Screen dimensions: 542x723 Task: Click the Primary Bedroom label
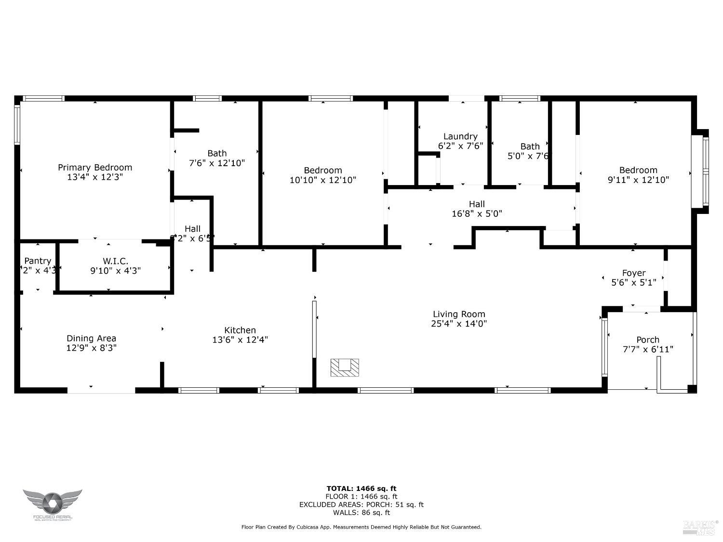coord(95,168)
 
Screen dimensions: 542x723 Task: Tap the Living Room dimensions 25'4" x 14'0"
coord(459,324)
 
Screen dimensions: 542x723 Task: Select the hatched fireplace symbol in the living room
coord(345,367)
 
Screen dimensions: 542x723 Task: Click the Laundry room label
coord(460,136)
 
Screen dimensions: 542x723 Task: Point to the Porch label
coord(648,340)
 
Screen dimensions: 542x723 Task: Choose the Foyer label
coord(633,273)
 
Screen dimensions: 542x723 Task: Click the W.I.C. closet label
coord(115,261)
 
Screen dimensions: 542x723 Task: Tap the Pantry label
coord(38,261)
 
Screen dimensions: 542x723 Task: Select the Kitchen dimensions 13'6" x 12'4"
coord(240,340)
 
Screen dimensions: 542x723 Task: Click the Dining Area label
coord(91,338)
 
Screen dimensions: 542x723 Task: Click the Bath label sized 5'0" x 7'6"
coord(530,146)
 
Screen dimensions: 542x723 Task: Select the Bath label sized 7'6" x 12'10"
coord(217,153)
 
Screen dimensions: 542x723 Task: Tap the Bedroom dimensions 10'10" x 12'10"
coord(323,180)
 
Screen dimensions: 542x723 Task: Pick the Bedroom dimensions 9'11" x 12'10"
coord(638,180)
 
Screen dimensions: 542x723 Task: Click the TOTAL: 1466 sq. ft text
coord(361,489)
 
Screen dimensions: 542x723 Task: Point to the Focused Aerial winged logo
coord(53,502)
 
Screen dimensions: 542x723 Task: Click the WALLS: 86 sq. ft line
coord(361,513)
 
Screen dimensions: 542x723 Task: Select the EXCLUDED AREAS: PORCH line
coord(361,504)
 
